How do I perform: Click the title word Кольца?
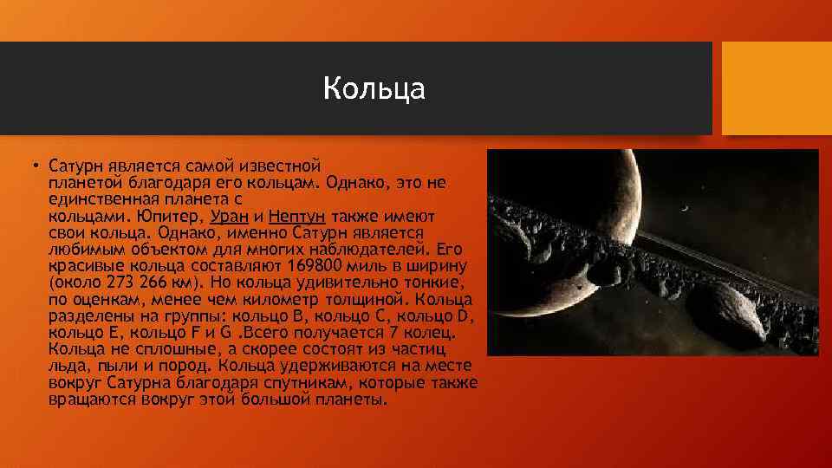pyautogui.click(x=374, y=88)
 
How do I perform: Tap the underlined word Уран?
pyautogui.click(x=229, y=217)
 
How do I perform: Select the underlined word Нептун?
pyautogui.click(x=296, y=217)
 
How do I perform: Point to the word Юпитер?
pyautogui.click(x=170, y=217)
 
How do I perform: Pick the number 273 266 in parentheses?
pyautogui.click(x=137, y=283)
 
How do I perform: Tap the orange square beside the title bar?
pyautogui.click(x=777, y=88)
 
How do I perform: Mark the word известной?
pyautogui.click(x=280, y=166)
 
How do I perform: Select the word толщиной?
pyautogui.click(x=365, y=299)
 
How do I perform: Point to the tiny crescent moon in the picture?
pyautogui.click(x=685, y=209)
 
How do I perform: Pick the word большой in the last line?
pyautogui.click(x=276, y=400)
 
